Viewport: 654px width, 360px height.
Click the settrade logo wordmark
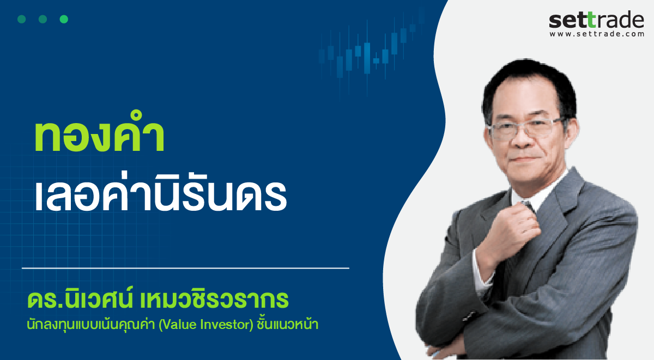(596, 20)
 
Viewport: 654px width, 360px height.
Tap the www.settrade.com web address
(597, 34)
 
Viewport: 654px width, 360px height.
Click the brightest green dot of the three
(64, 19)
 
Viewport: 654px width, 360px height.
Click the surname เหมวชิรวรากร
(214, 300)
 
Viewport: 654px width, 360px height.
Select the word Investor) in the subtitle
(227, 325)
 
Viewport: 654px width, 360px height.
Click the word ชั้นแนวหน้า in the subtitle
(287, 324)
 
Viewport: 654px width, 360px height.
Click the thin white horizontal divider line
(185, 268)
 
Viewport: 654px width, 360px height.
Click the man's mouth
(525, 160)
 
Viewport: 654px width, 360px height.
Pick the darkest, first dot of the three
(22, 19)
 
